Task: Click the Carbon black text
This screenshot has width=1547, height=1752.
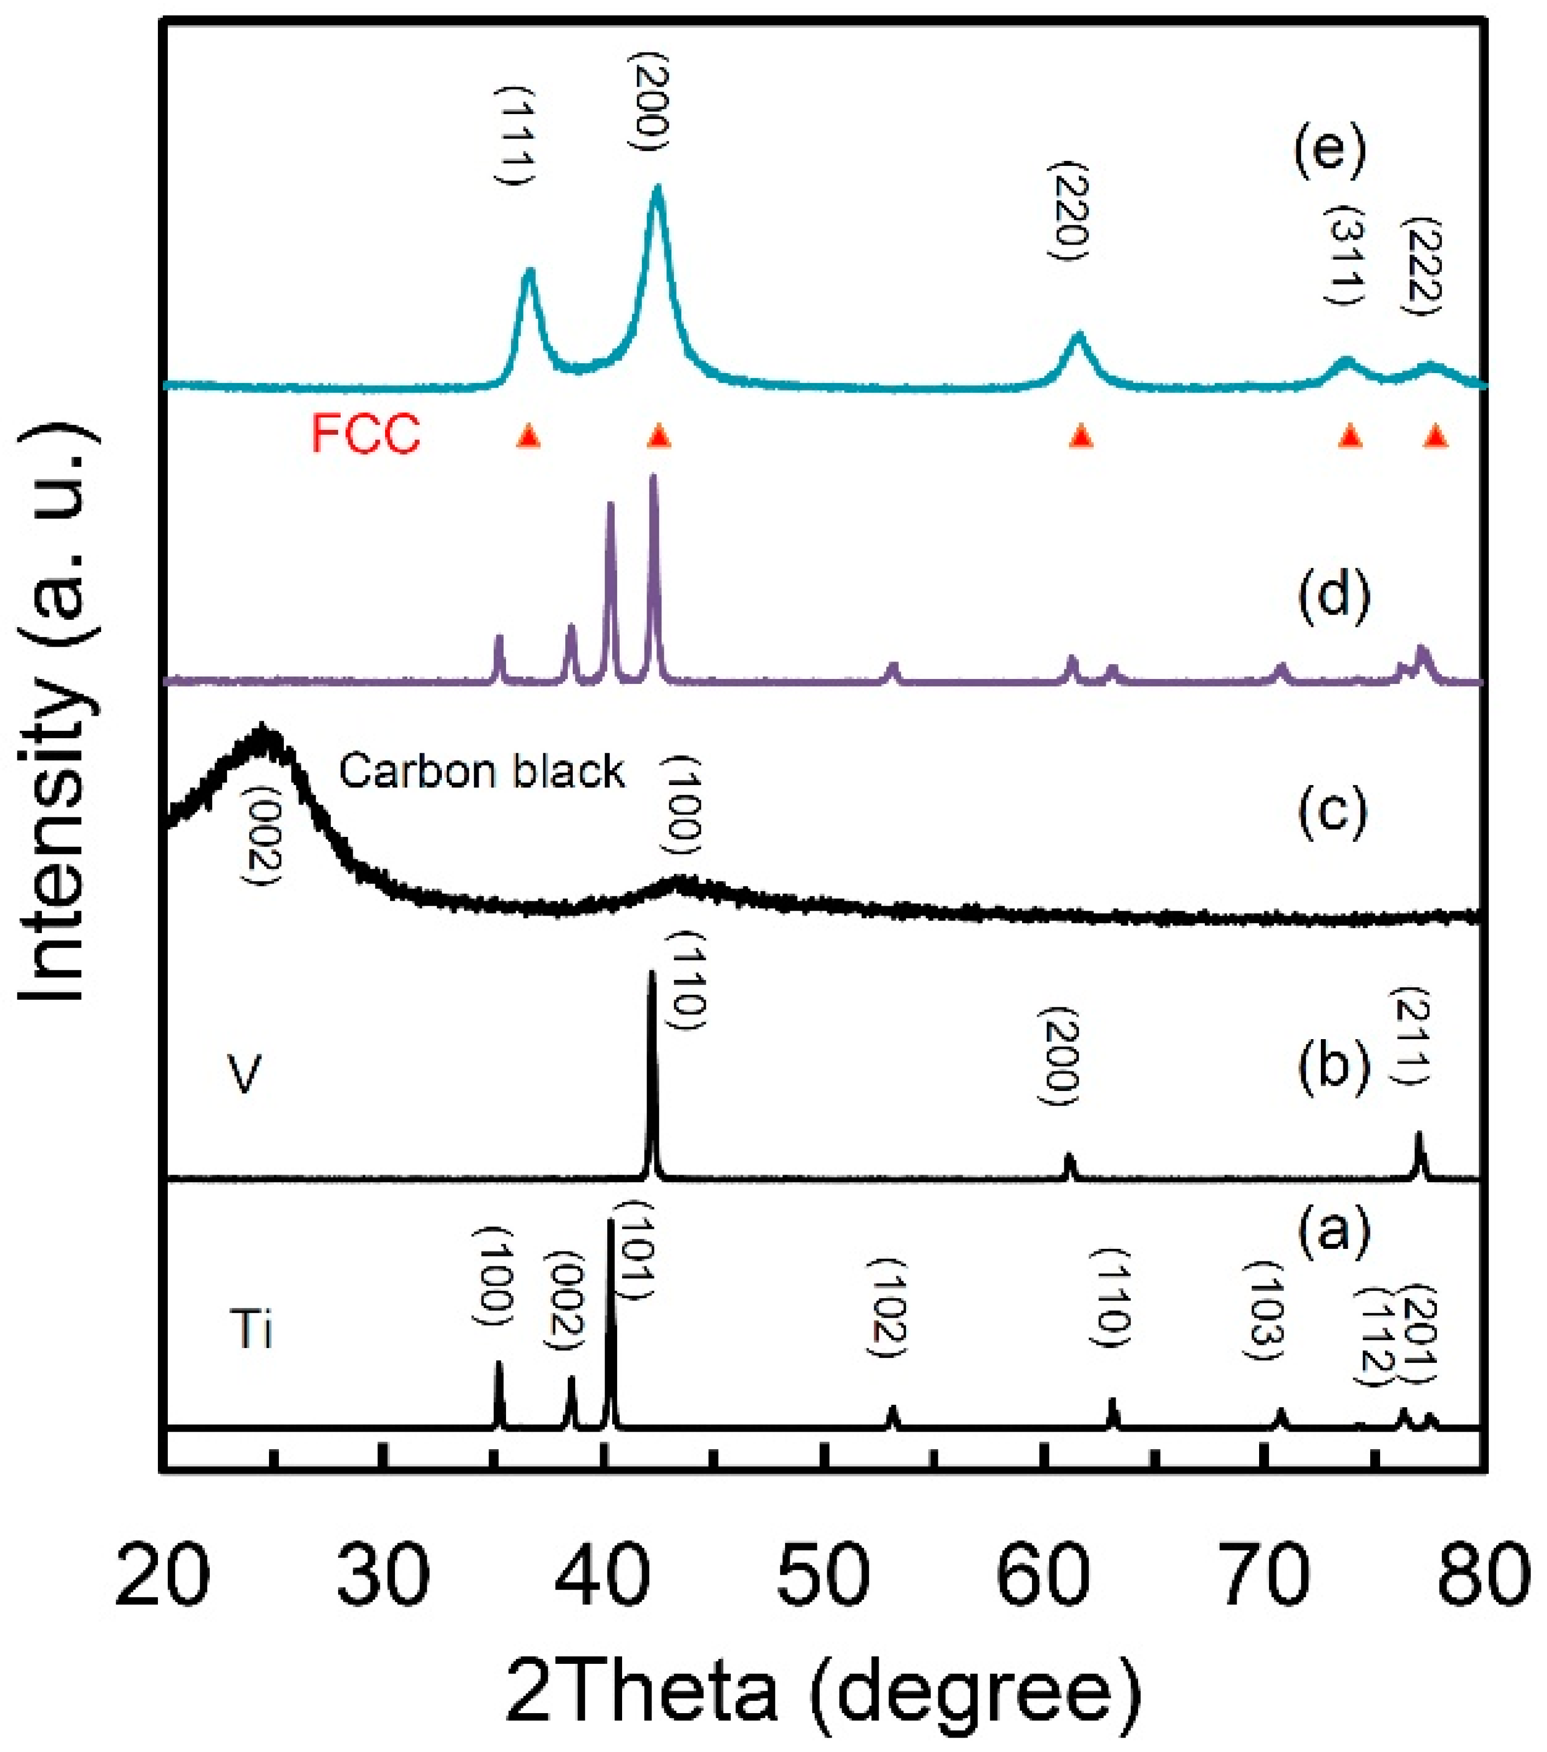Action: point(482,772)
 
